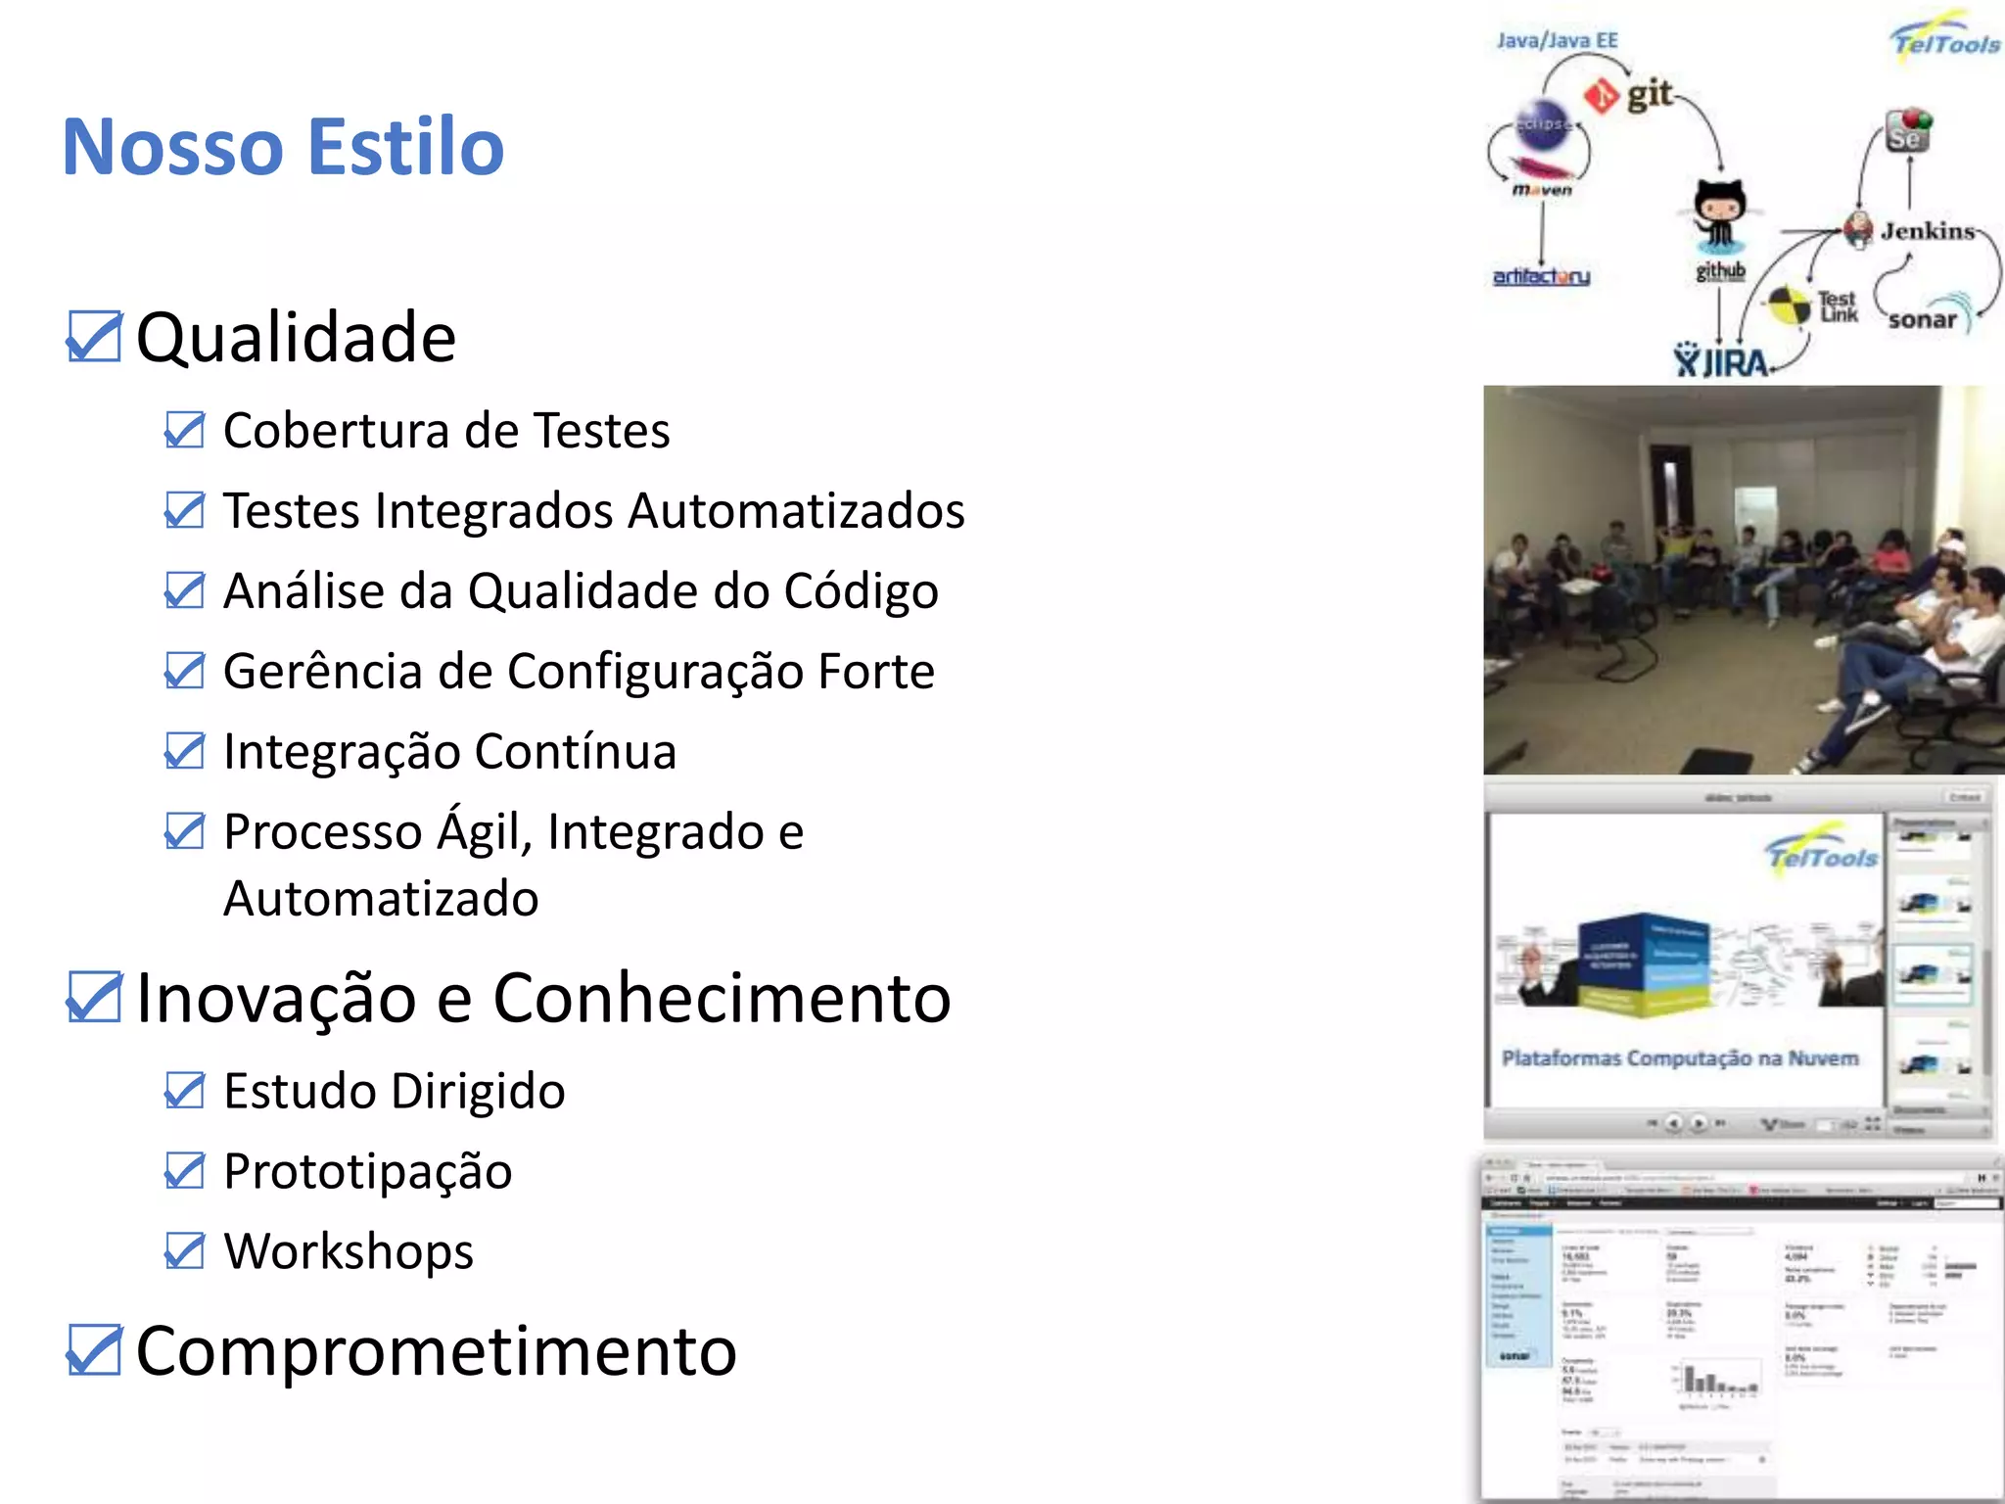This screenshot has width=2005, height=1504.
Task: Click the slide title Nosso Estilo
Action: click(283, 147)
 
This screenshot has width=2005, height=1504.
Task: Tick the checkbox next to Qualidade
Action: click(94, 337)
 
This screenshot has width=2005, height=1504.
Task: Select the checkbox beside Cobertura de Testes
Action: click(184, 430)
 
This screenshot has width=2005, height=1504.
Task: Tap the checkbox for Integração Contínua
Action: click(184, 751)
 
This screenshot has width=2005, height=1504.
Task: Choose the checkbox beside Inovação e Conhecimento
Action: click(94, 998)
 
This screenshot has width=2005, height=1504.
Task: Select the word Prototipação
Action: click(368, 1171)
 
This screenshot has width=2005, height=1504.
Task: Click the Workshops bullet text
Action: click(349, 1251)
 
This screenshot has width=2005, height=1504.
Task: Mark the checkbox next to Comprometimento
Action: click(94, 1351)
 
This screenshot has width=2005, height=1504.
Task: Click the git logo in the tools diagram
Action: click(1629, 95)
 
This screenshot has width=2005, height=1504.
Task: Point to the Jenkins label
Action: click(1927, 231)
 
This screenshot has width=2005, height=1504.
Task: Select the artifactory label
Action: click(1541, 277)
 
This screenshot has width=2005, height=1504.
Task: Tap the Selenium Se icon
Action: click(1907, 132)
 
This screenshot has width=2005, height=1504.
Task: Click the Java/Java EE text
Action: click(1557, 41)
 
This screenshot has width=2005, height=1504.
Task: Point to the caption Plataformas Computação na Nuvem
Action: click(1680, 1058)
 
